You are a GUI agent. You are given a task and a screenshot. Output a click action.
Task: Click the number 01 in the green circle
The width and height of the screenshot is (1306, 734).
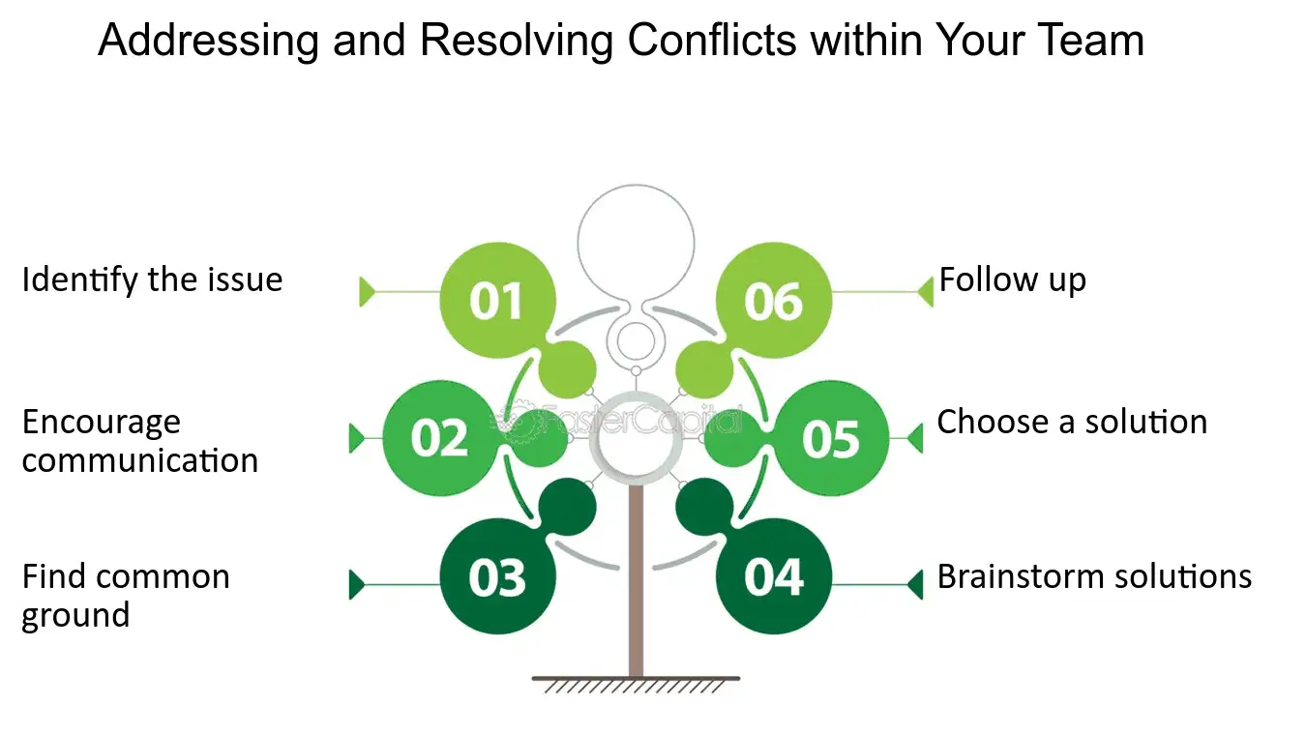pos(495,302)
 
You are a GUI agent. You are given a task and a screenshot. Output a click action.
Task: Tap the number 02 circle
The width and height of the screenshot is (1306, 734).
pos(440,438)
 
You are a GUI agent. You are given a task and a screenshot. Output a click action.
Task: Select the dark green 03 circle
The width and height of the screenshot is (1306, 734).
pos(497,576)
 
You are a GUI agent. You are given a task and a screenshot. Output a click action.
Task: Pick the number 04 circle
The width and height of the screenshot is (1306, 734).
pos(774,576)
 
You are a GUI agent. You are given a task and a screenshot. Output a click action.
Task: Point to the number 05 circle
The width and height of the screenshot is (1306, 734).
pos(831,438)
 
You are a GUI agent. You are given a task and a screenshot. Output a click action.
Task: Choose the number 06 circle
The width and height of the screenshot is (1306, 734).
pos(774,300)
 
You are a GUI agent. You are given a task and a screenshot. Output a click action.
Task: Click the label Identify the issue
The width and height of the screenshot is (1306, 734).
pos(152,279)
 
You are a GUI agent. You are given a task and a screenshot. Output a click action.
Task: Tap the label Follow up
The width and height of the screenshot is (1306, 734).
pos(1013,279)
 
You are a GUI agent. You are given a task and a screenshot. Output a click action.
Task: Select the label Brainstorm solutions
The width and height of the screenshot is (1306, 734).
pos(1094,576)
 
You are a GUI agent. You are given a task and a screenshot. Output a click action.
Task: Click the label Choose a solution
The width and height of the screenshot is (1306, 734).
pos(1072,422)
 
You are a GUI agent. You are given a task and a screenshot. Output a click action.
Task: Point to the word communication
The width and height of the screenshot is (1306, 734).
pos(140,460)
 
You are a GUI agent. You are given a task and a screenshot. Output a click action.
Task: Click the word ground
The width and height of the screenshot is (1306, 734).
pos(75,616)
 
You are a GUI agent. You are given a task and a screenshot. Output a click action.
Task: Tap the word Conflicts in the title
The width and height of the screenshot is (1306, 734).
pos(712,40)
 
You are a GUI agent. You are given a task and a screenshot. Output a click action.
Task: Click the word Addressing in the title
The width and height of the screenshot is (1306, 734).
pos(209,41)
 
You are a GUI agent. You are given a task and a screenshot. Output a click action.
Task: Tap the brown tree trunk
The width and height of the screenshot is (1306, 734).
pos(637,581)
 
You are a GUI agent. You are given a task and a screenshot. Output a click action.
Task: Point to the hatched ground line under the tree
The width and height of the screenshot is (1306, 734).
pos(637,685)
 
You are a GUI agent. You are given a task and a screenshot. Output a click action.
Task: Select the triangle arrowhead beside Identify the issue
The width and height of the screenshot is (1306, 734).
pos(368,291)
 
